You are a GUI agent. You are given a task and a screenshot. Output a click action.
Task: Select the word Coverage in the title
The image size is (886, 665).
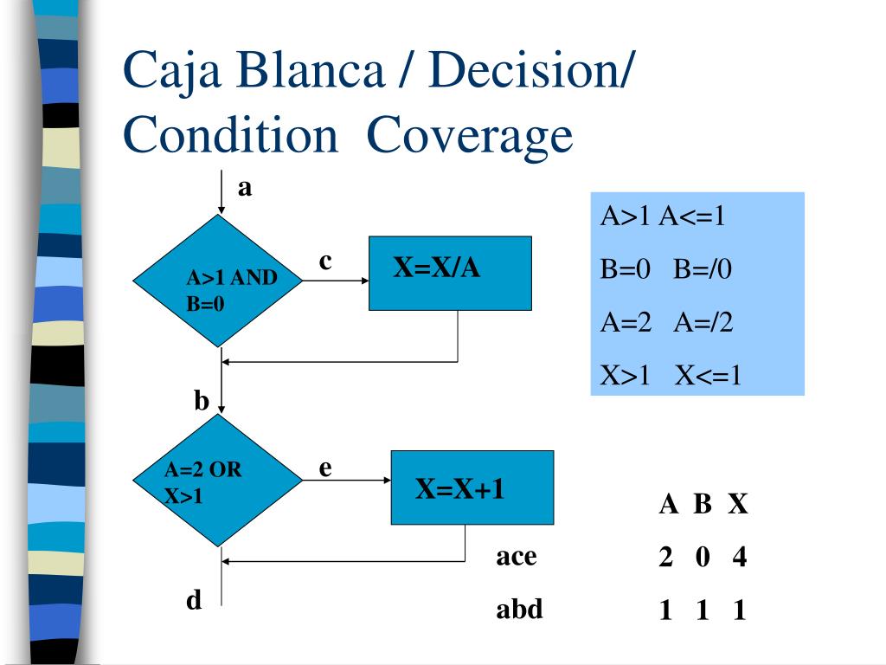[470, 136]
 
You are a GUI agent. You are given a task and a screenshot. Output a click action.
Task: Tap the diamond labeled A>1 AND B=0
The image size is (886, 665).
[218, 281]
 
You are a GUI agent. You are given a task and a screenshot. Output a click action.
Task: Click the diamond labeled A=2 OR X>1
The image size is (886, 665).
[218, 480]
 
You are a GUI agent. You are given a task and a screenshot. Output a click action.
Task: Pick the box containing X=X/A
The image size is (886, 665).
[450, 273]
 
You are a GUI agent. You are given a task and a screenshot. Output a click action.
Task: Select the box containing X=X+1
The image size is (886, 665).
[472, 487]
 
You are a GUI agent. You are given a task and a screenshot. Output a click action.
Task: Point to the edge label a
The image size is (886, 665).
[245, 188]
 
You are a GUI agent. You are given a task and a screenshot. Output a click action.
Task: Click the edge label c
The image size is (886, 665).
[325, 261]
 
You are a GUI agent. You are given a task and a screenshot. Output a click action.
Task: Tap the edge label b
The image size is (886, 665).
[202, 400]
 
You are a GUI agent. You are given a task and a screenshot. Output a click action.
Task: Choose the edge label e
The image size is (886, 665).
[325, 468]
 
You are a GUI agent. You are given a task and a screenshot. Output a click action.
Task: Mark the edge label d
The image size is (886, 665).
[194, 599]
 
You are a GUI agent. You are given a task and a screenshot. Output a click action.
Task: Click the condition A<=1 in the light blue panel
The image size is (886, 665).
[692, 216]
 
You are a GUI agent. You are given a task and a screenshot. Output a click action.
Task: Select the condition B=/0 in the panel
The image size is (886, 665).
[703, 268]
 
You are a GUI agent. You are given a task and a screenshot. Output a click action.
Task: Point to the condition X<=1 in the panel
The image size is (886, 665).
[708, 375]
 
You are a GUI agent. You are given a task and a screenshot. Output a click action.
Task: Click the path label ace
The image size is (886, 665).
[517, 557]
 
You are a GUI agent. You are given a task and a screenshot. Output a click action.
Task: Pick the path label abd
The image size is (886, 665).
[519, 609]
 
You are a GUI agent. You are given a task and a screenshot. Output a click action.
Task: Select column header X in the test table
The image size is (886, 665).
[738, 504]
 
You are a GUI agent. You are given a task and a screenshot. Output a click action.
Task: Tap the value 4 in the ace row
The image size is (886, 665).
[740, 557]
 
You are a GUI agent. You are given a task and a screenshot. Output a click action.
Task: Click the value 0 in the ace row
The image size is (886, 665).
[703, 557]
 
